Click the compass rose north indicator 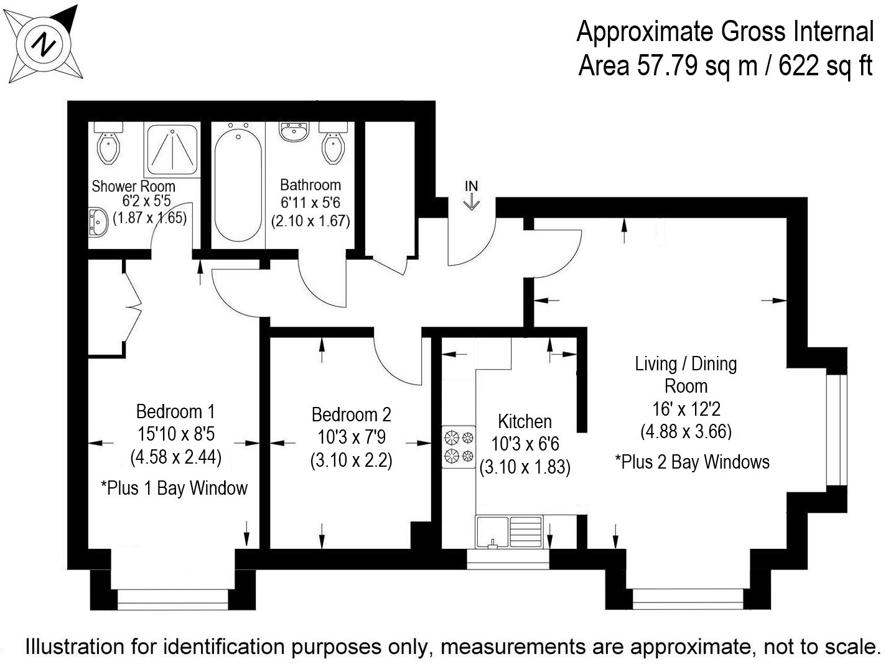(x=44, y=44)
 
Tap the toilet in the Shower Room (x=108, y=143)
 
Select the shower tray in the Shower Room (x=172, y=149)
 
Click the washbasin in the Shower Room (x=98, y=222)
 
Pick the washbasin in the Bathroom (x=293, y=131)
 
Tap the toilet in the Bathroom (x=333, y=143)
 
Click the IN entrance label (x=472, y=186)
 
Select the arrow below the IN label (x=472, y=202)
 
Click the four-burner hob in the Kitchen (x=459, y=447)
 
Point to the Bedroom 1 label (x=175, y=411)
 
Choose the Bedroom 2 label (x=352, y=414)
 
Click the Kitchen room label (x=525, y=422)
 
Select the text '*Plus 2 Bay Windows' (x=693, y=462)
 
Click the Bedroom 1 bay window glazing (x=173, y=599)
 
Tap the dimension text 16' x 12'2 (x=686, y=409)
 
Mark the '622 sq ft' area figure (x=826, y=66)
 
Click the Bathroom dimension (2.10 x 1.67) (x=310, y=221)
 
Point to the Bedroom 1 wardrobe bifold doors (x=133, y=306)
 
